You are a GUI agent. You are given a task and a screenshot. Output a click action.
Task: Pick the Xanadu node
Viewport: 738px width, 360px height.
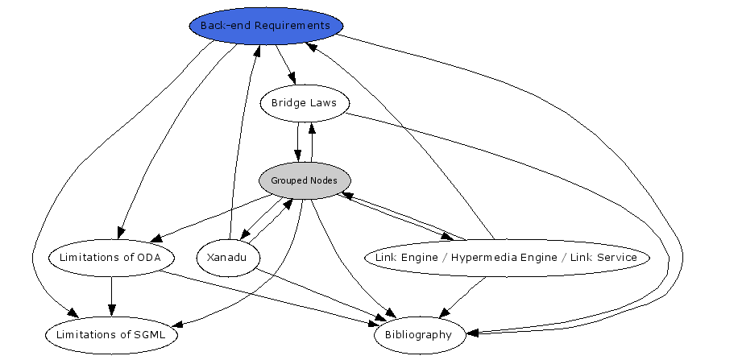click(x=228, y=258)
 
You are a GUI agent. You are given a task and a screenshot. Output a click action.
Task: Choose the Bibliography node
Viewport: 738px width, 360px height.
click(x=418, y=335)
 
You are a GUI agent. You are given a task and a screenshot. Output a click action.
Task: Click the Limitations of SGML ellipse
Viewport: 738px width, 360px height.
click(x=111, y=335)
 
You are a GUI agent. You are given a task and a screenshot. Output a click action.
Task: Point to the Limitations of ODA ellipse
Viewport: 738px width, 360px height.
click(x=111, y=258)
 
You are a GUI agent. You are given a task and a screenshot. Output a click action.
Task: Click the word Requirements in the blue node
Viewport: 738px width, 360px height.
click(x=292, y=26)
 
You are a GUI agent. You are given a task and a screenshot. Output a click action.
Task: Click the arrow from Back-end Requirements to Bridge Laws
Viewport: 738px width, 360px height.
click(x=285, y=64)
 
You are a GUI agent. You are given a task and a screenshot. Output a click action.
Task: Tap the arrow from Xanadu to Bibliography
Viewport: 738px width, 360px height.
click(x=322, y=293)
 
